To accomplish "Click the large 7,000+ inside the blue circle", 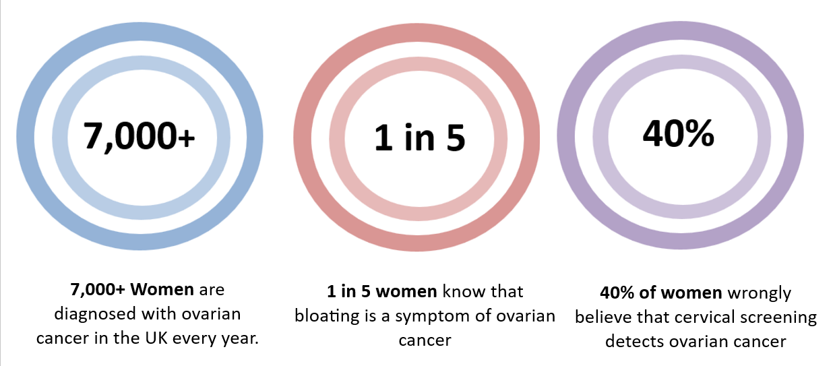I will (140, 138).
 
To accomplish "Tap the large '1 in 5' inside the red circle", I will (419, 138).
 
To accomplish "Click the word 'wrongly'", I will (758, 294).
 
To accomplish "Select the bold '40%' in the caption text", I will (617, 294).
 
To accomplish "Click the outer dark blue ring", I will (26, 135).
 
